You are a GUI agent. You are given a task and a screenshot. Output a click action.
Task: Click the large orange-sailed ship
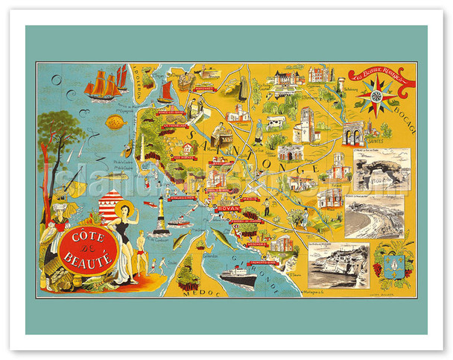(x=102, y=85)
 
